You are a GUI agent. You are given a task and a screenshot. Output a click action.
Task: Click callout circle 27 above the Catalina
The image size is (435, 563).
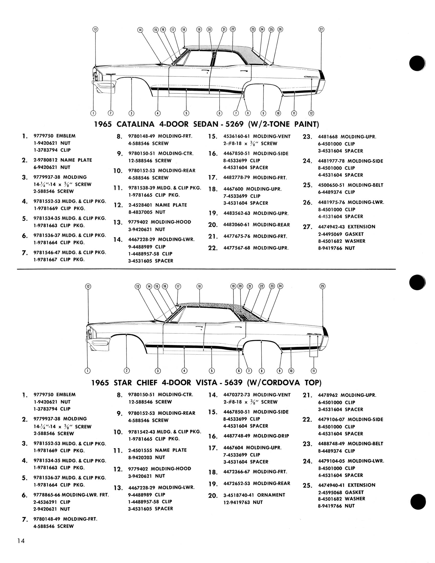pos(321,29)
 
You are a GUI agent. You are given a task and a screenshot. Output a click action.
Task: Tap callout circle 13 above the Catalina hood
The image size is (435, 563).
pos(95,29)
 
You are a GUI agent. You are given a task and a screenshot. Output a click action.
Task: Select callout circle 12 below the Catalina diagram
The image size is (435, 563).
pos(311,113)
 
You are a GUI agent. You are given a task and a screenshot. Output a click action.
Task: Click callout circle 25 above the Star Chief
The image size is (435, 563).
pos(323,286)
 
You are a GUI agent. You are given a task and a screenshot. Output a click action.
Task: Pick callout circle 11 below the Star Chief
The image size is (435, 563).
pos(314,371)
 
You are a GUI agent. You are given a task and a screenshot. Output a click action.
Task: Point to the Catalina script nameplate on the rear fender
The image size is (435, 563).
pos(311,77)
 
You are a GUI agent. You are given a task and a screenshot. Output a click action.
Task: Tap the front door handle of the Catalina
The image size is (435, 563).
pos(205,71)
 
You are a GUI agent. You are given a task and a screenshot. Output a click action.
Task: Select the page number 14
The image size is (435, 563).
pos(21,541)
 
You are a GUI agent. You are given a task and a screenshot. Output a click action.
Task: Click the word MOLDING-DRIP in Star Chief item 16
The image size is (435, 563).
pos(271,436)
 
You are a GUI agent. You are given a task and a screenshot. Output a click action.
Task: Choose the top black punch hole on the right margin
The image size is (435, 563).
pos(417,63)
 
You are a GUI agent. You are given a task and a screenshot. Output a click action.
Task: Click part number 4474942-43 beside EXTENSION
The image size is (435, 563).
pos(331,227)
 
